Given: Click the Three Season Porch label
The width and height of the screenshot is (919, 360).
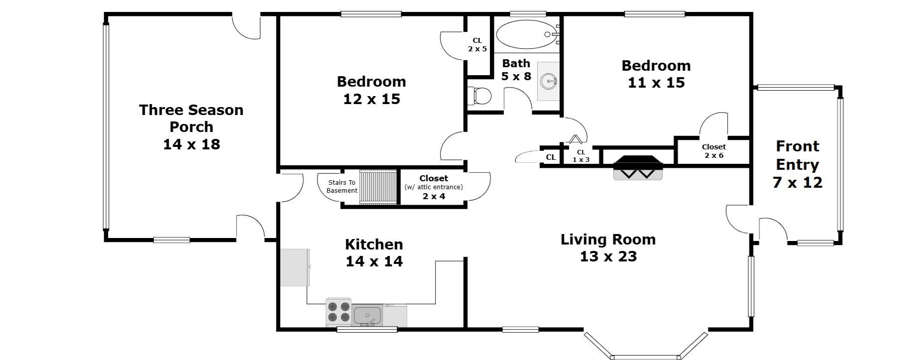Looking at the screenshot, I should pyautogui.click(x=191, y=127).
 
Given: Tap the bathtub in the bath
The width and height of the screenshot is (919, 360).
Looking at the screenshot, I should pyautogui.click(x=527, y=34).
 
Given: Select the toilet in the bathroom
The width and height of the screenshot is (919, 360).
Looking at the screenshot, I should pyautogui.click(x=479, y=96).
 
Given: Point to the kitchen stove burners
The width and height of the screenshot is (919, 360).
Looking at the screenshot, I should pyautogui.click(x=339, y=312).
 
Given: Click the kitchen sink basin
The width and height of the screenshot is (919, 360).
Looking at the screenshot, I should pyautogui.click(x=367, y=315).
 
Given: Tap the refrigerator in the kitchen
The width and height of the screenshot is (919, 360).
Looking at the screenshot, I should pyautogui.click(x=295, y=267).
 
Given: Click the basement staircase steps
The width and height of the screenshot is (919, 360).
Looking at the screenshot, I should pyautogui.click(x=378, y=187).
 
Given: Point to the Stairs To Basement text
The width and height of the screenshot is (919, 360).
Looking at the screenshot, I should pyautogui.click(x=342, y=187).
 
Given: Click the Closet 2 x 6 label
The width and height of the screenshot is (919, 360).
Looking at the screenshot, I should pyautogui.click(x=713, y=151).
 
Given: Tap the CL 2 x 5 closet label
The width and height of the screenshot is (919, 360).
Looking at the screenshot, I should pyautogui.click(x=477, y=45).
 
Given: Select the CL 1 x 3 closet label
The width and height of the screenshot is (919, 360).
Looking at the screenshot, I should pyautogui.click(x=580, y=156).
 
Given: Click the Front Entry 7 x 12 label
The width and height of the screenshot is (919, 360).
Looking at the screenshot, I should pyautogui.click(x=797, y=164).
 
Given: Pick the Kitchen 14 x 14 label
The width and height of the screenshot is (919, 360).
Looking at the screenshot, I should pyautogui.click(x=374, y=252).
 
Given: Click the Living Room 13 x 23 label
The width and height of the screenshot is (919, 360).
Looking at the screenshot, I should pyautogui.click(x=608, y=247).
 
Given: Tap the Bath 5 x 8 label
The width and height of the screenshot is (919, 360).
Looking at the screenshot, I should pyautogui.click(x=516, y=70).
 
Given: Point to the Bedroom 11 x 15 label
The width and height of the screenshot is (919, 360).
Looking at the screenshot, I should pyautogui.click(x=656, y=74).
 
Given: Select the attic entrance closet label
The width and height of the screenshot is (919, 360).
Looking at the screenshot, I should pyautogui.click(x=433, y=187).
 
